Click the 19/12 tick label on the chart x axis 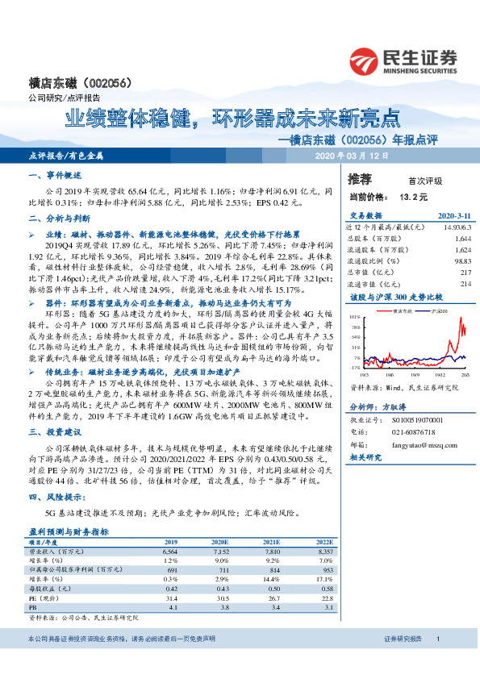pos(442,374)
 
